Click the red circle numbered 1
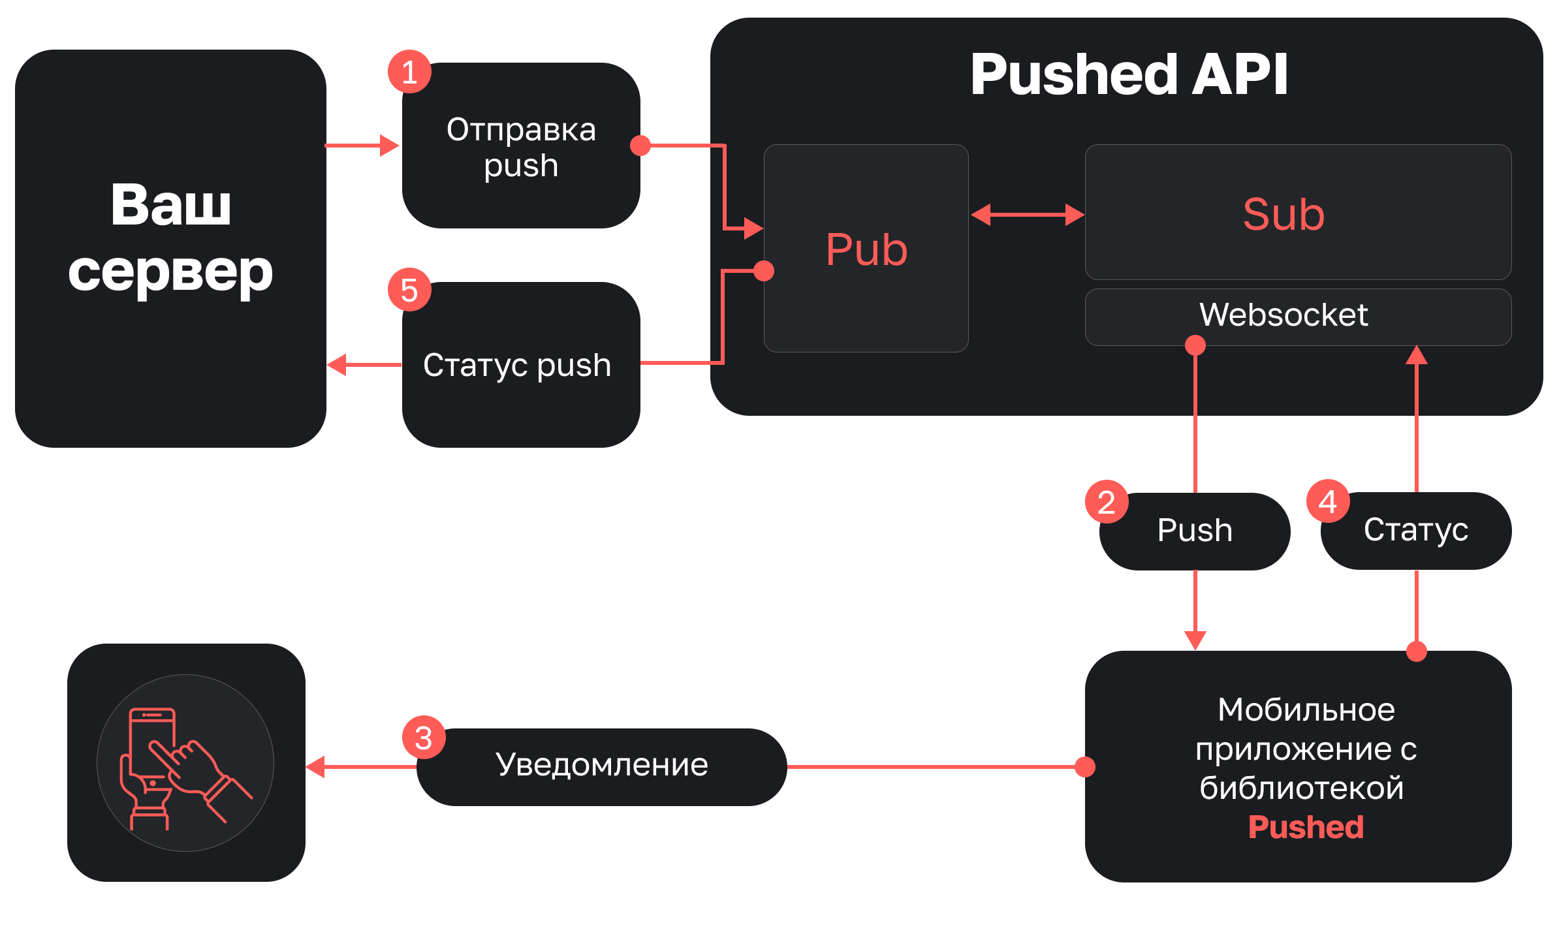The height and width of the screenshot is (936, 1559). click(409, 72)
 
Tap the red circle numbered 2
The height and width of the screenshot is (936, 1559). click(1107, 502)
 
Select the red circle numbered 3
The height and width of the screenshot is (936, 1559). click(424, 738)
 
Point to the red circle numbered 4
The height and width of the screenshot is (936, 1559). click(1328, 501)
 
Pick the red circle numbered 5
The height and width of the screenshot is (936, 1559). click(409, 290)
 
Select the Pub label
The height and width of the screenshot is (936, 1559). click(866, 250)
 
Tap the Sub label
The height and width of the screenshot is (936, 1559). click(1283, 214)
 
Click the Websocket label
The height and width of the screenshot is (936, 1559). click(1283, 315)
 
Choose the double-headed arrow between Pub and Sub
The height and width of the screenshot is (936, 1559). click(1028, 215)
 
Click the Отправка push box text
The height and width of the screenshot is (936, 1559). click(521, 148)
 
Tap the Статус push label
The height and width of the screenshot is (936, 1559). click(517, 365)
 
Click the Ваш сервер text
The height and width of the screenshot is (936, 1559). click(170, 238)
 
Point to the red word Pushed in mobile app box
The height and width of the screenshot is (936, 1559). click(1306, 828)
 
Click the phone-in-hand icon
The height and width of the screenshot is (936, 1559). click(185, 763)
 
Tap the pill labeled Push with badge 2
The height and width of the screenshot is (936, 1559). click(1195, 531)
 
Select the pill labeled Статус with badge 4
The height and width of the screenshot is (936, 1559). click(1416, 530)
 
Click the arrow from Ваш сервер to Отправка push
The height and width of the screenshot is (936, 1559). click(362, 146)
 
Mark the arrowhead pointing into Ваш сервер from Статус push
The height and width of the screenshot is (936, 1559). click(337, 365)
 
